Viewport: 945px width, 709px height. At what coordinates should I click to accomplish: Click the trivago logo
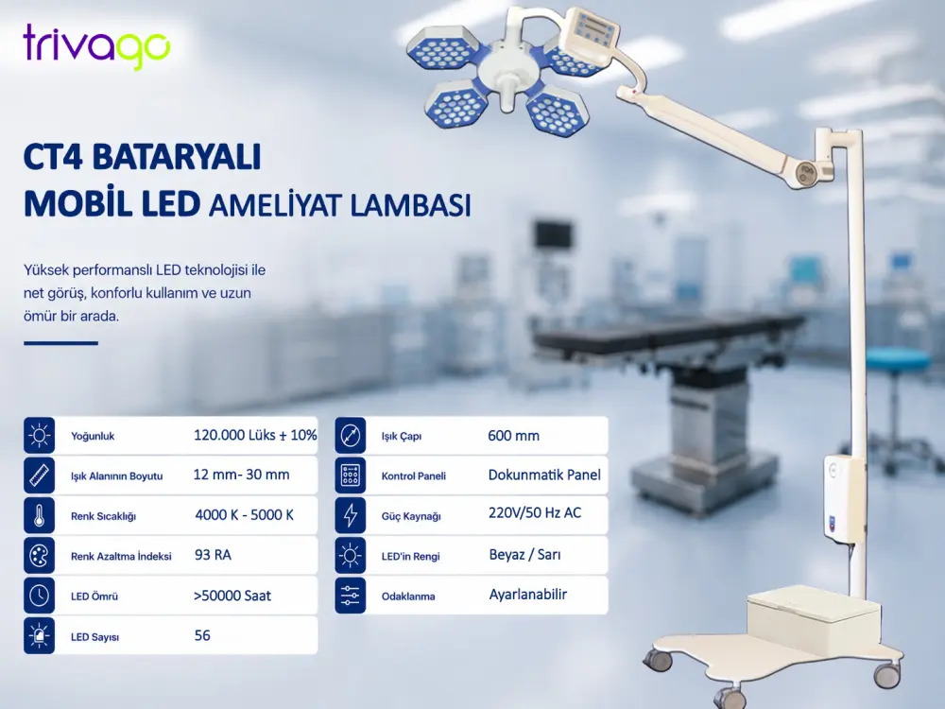coord(96,45)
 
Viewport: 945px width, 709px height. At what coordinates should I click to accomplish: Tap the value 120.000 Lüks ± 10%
coord(255,435)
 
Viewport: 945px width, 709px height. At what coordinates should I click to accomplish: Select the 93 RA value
coord(213,555)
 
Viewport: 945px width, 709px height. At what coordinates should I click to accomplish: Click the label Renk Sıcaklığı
coord(103,516)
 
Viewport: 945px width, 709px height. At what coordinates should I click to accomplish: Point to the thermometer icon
coord(39,515)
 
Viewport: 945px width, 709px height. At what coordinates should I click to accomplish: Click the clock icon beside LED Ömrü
coord(39,596)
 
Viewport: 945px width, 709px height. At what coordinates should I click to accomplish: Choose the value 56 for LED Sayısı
coord(202,635)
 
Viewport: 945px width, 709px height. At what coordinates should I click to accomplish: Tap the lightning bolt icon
coord(351,515)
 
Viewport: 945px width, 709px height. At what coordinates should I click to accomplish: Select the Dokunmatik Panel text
coord(544,476)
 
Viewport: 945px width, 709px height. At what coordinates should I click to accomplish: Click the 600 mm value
coord(513,435)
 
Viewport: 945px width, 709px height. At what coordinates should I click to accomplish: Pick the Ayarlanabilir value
coord(528,595)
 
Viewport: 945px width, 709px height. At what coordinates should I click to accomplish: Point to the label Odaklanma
coord(408,597)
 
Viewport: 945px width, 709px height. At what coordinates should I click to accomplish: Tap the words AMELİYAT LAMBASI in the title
coord(339,205)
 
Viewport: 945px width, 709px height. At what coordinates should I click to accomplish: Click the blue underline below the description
coord(60,343)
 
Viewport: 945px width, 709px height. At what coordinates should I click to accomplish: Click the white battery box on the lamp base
coord(813,615)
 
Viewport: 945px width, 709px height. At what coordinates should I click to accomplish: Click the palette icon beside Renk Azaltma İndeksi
coord(39,555)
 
